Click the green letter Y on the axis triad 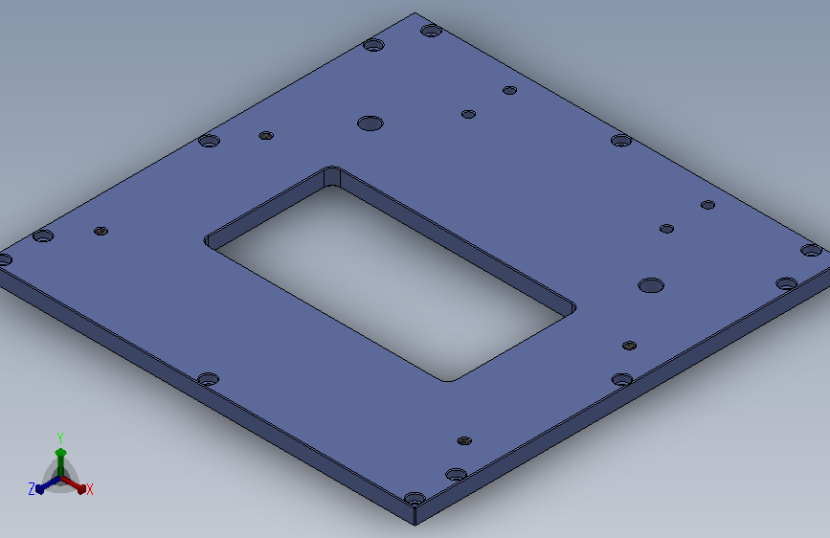60,438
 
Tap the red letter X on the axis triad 89,489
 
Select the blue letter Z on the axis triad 32,489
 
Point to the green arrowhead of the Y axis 61,453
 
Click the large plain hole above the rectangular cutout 370,123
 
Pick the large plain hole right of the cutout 651,285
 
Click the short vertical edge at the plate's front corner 415,515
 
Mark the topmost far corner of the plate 415,13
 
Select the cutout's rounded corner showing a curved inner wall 332,176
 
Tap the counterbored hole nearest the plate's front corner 415,499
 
